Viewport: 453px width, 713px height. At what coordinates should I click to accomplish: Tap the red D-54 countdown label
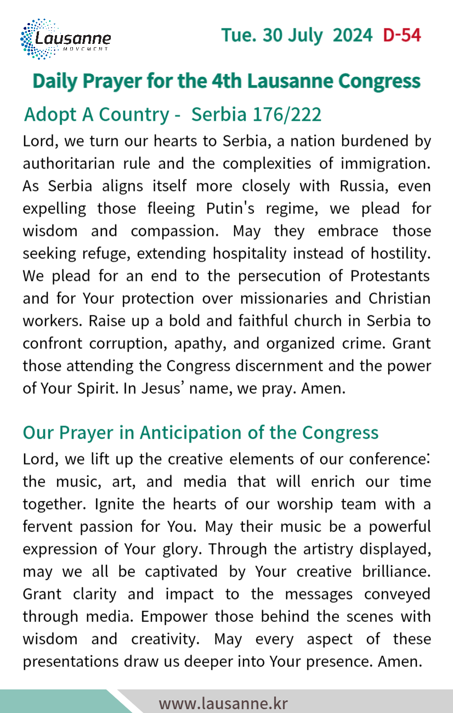click(402, 35)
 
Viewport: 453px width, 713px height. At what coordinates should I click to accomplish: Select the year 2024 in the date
click(353, 35)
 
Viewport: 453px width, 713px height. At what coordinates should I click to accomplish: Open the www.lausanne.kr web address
click(223, 703)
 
